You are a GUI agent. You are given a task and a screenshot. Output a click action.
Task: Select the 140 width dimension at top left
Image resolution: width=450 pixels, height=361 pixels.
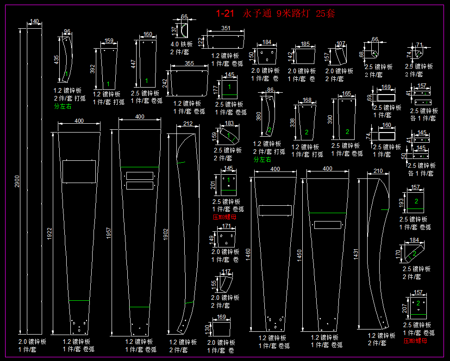coord(34,21)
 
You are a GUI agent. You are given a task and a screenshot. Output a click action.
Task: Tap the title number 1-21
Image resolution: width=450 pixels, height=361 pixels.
coord(226,13)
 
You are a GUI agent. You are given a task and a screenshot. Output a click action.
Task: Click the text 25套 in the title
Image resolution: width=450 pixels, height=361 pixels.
coord(325,13)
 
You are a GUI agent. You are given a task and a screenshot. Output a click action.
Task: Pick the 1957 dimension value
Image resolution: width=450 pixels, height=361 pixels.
coord(109,235)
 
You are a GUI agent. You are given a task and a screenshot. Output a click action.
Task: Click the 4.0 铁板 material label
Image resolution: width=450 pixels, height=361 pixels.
coord(181,44)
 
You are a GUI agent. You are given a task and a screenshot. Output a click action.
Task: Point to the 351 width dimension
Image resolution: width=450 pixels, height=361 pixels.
coord(225,28)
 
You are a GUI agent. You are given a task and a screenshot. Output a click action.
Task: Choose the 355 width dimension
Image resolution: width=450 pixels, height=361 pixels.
coord(189,63)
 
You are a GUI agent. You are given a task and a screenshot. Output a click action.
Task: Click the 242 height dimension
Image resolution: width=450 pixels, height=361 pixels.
coord(165,83)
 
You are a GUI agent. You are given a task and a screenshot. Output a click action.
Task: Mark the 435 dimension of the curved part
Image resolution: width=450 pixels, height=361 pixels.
coord(56,60)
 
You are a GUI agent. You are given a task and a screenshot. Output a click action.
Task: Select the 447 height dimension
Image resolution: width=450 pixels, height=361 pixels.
coord(133,64)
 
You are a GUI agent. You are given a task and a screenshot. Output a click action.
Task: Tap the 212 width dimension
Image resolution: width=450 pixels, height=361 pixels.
coord(187,124)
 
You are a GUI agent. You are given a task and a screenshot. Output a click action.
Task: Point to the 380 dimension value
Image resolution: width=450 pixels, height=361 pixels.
coord(259,115)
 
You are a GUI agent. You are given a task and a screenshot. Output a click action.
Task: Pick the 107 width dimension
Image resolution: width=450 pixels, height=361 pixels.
coord(341,44)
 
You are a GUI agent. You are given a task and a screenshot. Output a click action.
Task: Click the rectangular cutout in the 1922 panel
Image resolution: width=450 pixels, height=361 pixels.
coord(79,171)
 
